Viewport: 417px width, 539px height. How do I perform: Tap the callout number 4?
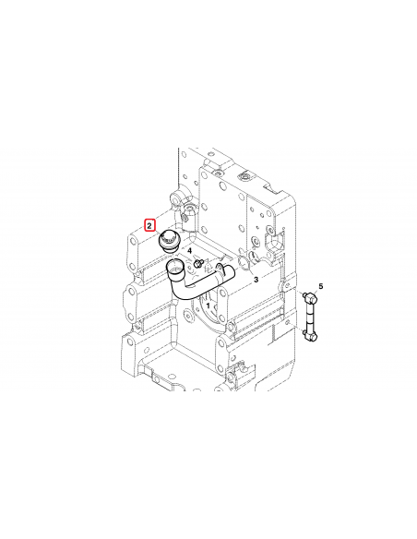point(189,250)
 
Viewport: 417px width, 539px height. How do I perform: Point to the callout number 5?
point(321,288)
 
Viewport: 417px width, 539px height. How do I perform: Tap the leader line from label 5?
point(316,292)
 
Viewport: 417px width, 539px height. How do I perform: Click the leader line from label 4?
point(193,257)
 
